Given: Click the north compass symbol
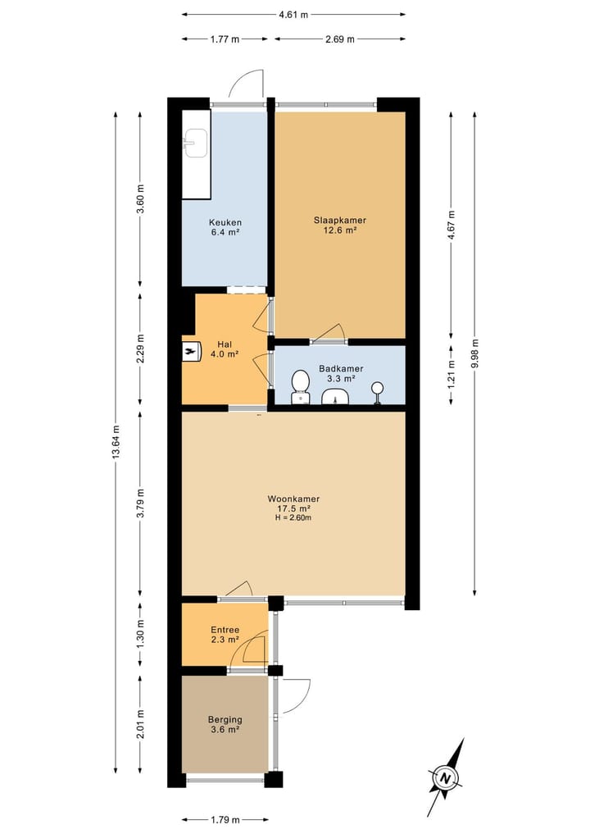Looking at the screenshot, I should pos(446,777).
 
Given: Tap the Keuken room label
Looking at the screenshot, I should pos(224,227).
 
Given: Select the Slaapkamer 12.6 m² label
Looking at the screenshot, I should pos(339,225).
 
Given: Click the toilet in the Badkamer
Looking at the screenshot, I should pos(301,385).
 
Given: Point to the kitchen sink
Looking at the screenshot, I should pos(195,144).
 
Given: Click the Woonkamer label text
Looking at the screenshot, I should pos(293,499).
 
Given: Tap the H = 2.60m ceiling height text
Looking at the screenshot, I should pos(293,518).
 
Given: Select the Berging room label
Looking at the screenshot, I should pos(224,724).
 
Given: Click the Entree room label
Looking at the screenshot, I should pos(224,634).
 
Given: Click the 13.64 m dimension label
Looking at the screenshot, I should pos(116,442).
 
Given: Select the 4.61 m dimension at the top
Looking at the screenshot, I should pos(293,15).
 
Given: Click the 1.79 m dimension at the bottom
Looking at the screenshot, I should pos(224,819).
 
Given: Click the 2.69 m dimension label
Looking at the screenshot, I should pos(338,39).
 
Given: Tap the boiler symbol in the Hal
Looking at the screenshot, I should pos(191,351).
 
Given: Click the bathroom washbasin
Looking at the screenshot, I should pos(336,398).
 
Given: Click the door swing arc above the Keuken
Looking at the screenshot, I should pos(245,82).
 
